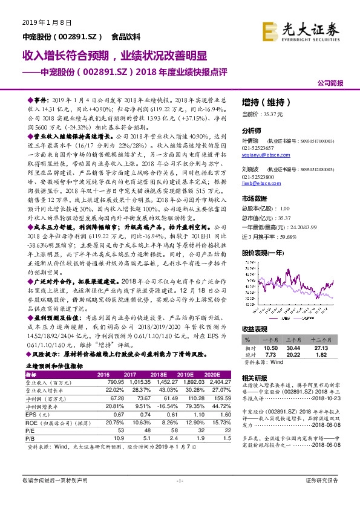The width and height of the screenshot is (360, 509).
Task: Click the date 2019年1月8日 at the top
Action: point(40,22)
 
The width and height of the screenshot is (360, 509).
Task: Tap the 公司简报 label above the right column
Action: point(330,83)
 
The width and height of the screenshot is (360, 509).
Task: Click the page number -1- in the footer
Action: point(179,497)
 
